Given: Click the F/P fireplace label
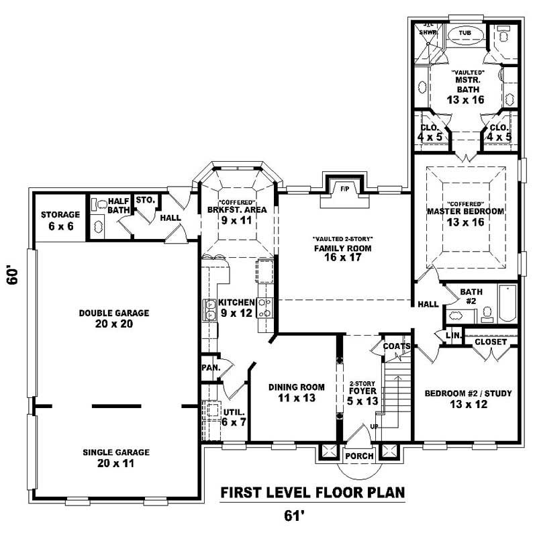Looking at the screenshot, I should click(345, 189).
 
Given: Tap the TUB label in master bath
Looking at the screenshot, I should click(465, 32).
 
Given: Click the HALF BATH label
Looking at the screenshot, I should click(118, 205).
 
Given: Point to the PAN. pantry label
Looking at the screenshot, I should click(209, 368).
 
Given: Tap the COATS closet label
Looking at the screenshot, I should click(397, 346).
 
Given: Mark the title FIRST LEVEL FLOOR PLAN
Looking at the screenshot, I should click(313, 493).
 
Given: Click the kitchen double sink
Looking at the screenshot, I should click(208, 311).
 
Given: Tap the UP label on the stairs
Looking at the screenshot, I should click(375, 427).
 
